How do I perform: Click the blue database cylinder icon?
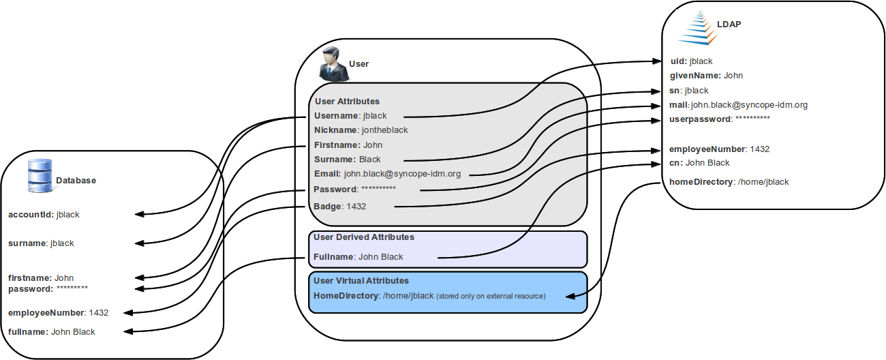(40, 175)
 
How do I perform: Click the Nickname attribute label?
(336, 130)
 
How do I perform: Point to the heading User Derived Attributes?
(363, 237)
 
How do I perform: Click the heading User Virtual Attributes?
(361, 280)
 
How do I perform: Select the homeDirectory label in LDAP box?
(701, 182)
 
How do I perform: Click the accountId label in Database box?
(30, 214)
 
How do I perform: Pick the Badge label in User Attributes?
(328, 206)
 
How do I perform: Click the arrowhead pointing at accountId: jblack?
(139, 214)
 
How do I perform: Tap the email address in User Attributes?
(402, 174)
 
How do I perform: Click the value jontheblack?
(385, 130)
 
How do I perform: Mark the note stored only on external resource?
(491, 296)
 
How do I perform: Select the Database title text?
(76, 181)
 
